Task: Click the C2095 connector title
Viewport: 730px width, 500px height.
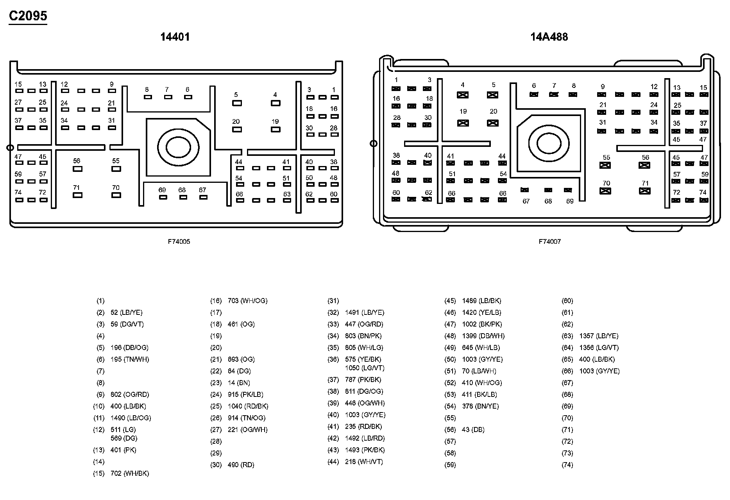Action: (28, 16)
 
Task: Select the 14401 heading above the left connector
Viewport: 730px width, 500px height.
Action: (175, 37)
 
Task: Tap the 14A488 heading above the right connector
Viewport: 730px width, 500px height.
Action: (549, 37)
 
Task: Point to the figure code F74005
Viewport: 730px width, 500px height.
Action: (179, 242)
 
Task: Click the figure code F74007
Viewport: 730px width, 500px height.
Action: (549, 242)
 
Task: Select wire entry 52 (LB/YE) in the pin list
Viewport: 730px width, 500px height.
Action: (126, 312)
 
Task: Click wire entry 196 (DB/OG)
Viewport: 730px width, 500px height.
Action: (129, 348)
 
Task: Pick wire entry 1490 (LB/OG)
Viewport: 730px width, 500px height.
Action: (131, 418)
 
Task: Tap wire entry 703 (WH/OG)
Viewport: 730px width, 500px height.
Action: (247, 301)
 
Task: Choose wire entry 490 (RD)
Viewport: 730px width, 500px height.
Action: (241, 465)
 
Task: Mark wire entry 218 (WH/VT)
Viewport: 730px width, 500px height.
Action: (364, 462)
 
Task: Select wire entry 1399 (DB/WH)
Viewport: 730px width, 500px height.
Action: (483, 336)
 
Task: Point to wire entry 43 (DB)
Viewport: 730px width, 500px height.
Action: (473, 430)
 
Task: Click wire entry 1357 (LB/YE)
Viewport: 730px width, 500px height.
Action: (599, 336)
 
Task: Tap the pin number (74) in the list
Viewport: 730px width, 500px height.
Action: (567, 465)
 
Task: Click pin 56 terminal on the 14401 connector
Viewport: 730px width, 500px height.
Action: (77, 169)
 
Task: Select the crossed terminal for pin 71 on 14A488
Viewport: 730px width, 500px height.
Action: (644, 191)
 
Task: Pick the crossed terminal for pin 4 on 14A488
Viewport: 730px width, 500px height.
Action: (463, 95)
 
